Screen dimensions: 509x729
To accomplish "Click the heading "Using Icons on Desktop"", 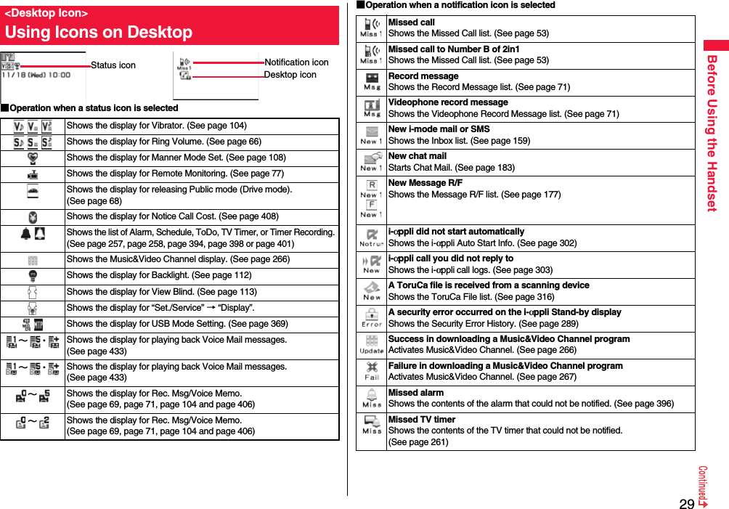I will point(99,32).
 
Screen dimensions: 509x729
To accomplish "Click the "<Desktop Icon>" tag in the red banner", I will point(46,13).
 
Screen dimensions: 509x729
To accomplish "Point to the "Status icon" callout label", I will point(113,65).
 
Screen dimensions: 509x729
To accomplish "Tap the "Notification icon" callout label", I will point(296,62).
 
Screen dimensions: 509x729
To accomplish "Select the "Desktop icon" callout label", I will point(290,75).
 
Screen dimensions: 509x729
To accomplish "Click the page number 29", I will point(686,503).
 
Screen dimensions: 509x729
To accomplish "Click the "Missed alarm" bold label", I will point(416,393).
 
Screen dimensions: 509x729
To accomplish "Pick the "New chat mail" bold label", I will point(418,156).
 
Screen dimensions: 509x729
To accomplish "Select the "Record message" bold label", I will point(423,76).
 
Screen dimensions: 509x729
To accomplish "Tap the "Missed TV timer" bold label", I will point(422,420).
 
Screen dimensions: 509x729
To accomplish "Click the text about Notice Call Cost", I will point(172,216).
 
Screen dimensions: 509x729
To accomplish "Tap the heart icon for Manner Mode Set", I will point(32,158).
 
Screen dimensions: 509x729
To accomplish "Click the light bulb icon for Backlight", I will point(32,275).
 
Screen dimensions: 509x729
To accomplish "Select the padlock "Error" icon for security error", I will point(372,317).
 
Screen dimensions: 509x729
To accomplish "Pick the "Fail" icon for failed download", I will point(372,371).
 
